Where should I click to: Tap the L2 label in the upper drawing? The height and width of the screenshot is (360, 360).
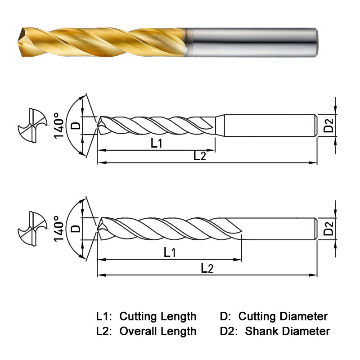(200, 156)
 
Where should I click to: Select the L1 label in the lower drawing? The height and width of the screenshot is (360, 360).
(170, 252)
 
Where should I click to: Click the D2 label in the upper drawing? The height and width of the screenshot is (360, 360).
(329, 125)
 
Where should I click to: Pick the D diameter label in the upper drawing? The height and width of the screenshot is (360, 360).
(76, 125)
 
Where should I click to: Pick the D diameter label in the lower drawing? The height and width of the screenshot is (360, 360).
(76, 228)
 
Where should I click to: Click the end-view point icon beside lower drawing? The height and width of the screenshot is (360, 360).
(31, 227)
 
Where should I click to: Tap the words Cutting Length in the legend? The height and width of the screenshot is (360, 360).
(157, 316)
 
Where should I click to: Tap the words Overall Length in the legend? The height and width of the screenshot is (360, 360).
(157, 332)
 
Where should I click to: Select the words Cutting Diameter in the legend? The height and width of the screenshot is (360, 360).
(283, 316)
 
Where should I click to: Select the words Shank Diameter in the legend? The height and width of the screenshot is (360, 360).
(287, 332)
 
